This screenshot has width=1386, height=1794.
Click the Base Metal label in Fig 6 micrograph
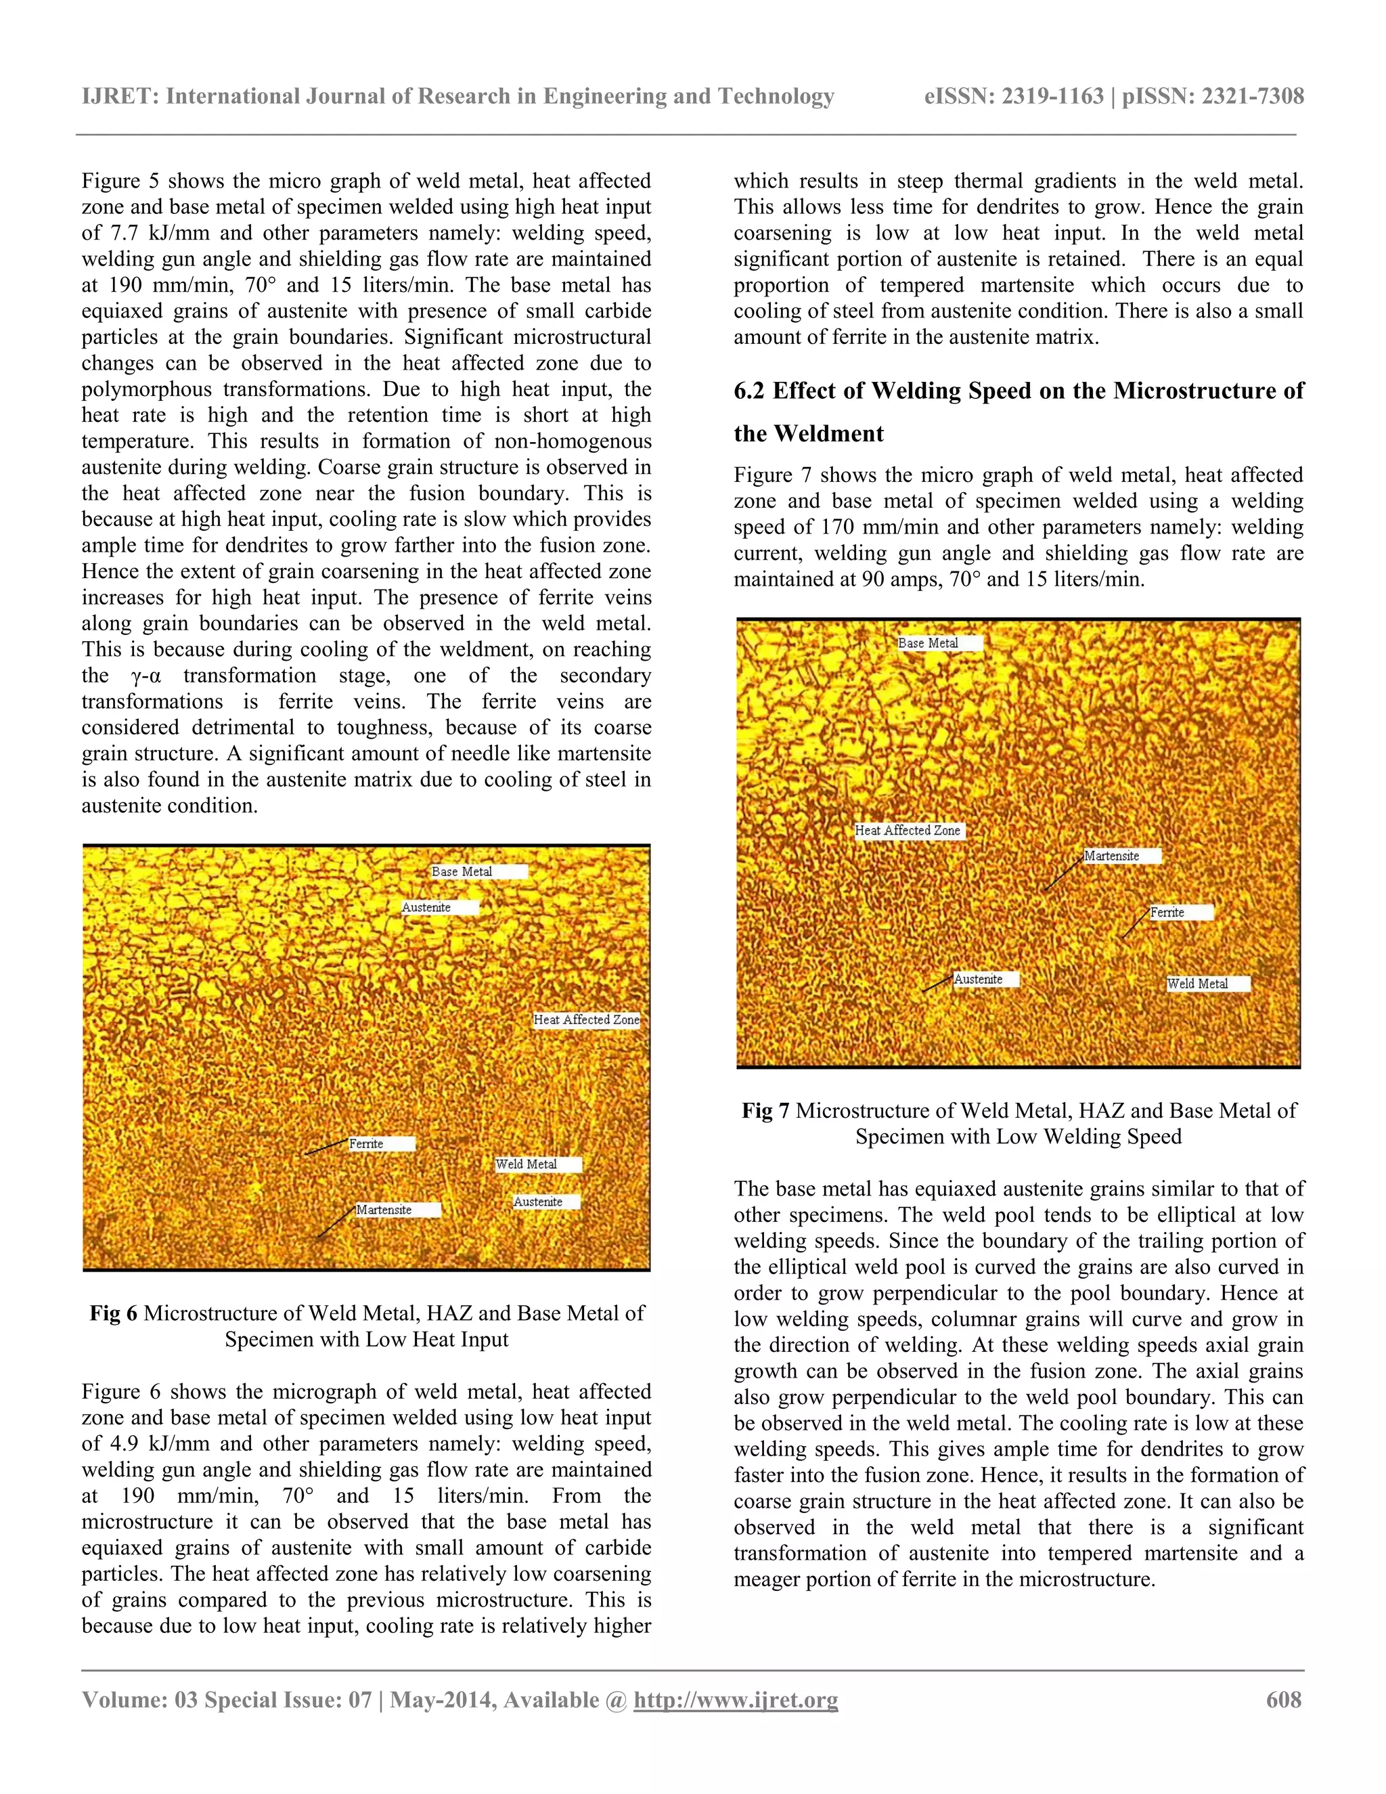pyautogui.click(x=462, y=871)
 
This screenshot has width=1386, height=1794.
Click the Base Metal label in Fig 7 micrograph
pyautogui.click(x=928, y=643)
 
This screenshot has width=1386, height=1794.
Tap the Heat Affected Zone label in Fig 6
pyautogui.click(x=586, y=1020)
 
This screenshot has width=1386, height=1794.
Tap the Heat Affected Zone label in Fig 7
pyautogui.click(x=908, y=831)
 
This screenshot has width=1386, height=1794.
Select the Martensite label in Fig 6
pyautogui.click(x=384, y=1210)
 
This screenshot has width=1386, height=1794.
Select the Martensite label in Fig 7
pyautogui.click(x=1112, y=856)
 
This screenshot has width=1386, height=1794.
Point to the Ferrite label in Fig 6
pyautogui.click(x=366, y=1143)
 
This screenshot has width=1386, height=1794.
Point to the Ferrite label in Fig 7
pyautogui.click(x=1167, y=913)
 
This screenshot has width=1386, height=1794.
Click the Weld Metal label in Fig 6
pyautogui.click(x=527, y=1164)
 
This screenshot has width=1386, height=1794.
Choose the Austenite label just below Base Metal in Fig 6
pyautogui.click(x=426, y=908)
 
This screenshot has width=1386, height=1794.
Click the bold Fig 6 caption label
pyautogui.click(x=113, y=1313)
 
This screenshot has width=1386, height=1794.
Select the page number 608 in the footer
pyautogui.click(x=1283, y=1699)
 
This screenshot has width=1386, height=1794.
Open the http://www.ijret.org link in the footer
pyautogui.click(x=736, y=1699)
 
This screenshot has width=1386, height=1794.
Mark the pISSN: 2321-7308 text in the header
pyautogui.click(x=1213, y=97)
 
